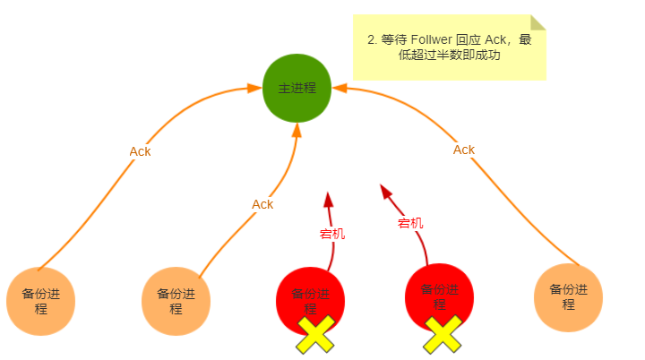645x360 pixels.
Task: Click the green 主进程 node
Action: (297, 89)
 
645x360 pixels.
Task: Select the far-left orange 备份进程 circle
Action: (40, 301)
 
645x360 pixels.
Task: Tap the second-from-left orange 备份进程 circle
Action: (176, 301)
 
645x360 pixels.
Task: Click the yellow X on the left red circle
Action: (315, 335)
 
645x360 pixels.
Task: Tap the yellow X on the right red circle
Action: (443, 334)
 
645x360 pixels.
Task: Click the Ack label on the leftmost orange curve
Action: (140, 151)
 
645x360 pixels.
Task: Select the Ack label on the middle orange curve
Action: (262, 204)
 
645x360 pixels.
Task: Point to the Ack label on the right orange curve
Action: (464, 150)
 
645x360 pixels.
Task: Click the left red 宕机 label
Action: (332, 234)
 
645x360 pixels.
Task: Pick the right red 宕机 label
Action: (410, 223)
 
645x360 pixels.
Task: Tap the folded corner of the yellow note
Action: (537, 22)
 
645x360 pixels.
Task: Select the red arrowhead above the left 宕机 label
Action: (329, 199)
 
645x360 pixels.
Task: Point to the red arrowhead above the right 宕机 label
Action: (385, 191)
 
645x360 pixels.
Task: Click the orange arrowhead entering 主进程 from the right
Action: (339, 88)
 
